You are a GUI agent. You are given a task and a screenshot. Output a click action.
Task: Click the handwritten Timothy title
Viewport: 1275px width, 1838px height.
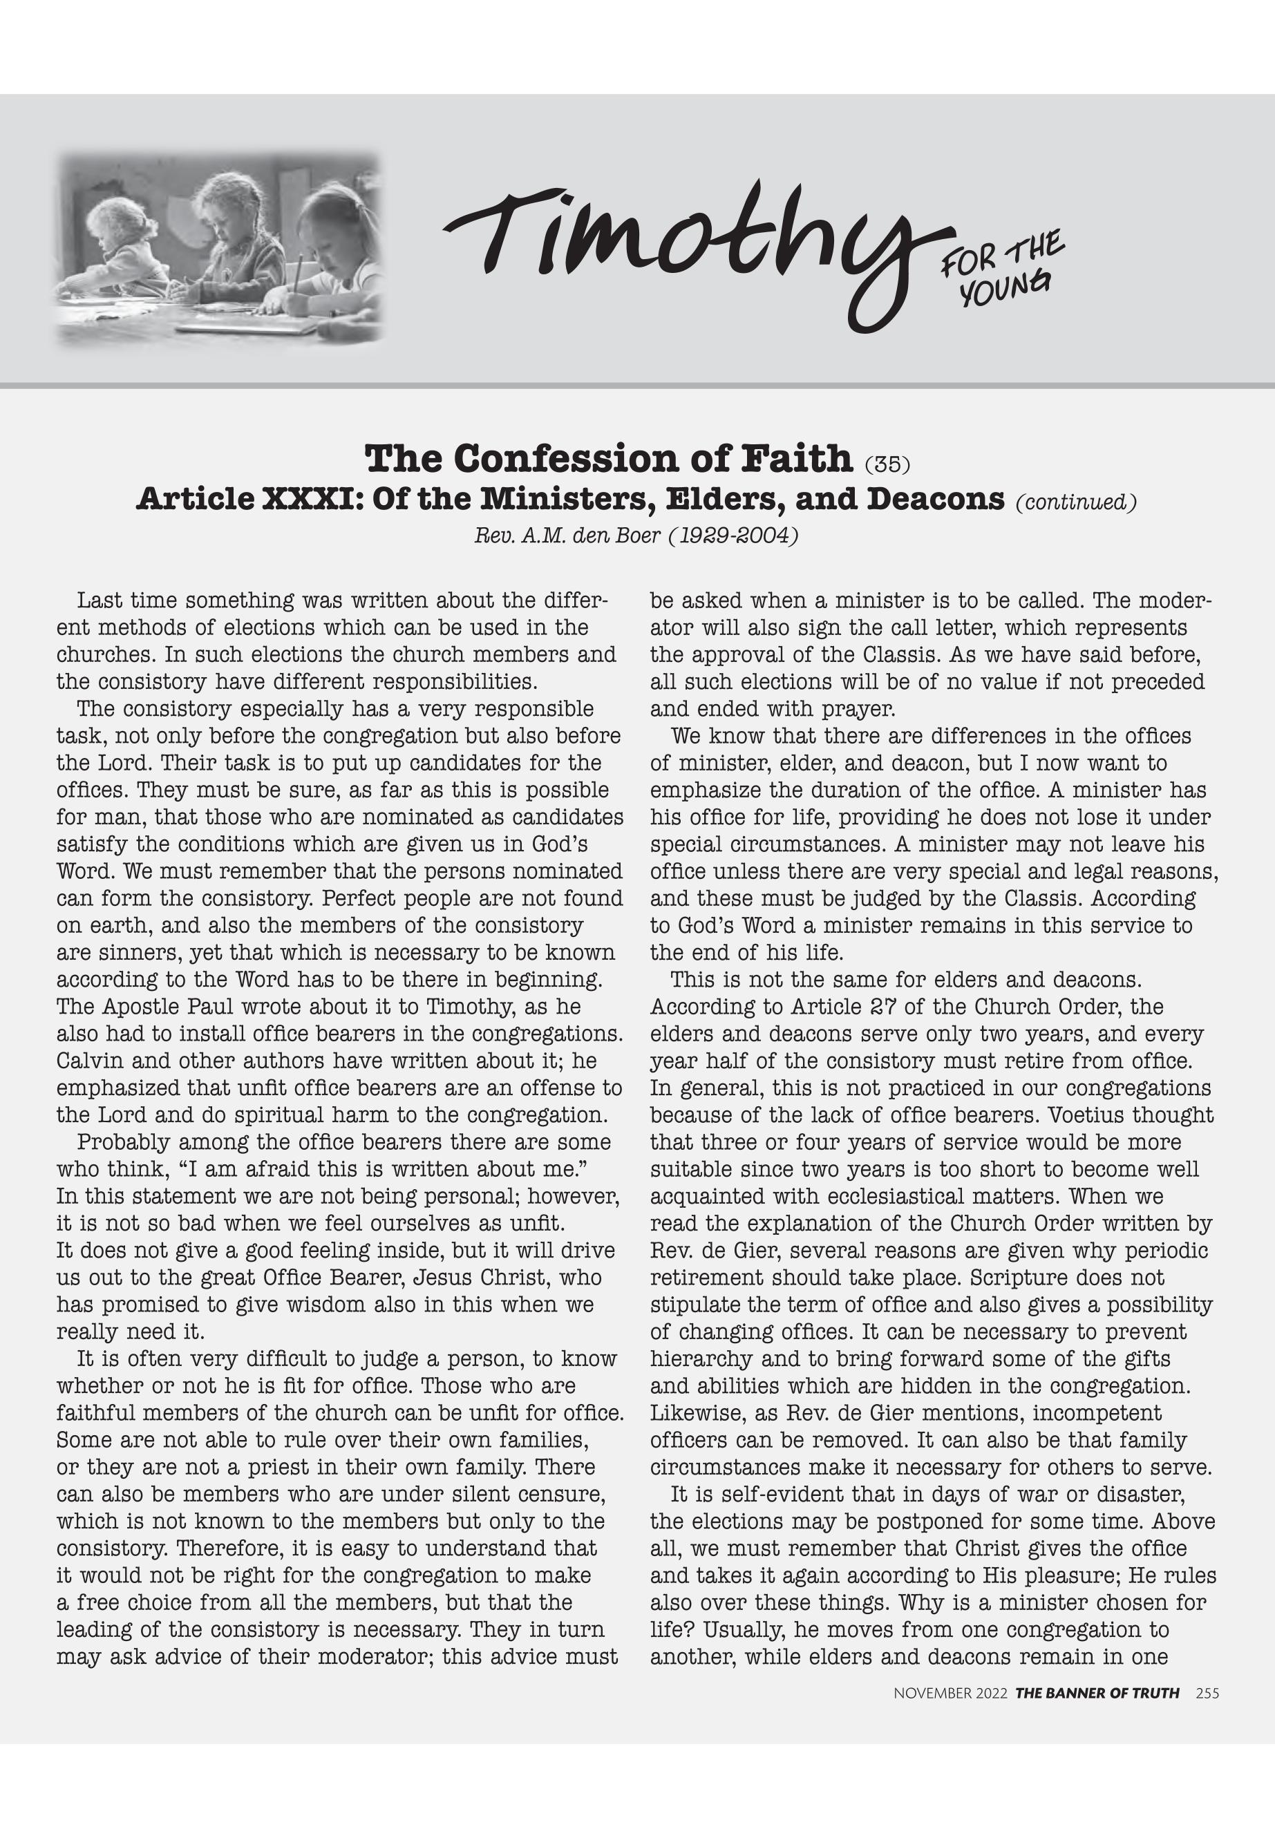point(687,247)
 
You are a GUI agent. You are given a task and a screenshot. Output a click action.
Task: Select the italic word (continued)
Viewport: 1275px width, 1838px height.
point(1075,502)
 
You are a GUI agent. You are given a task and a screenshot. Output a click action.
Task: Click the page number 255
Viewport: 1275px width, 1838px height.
point(1207,1716)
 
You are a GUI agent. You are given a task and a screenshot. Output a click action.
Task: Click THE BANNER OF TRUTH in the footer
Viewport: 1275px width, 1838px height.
point(1097,1716)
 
